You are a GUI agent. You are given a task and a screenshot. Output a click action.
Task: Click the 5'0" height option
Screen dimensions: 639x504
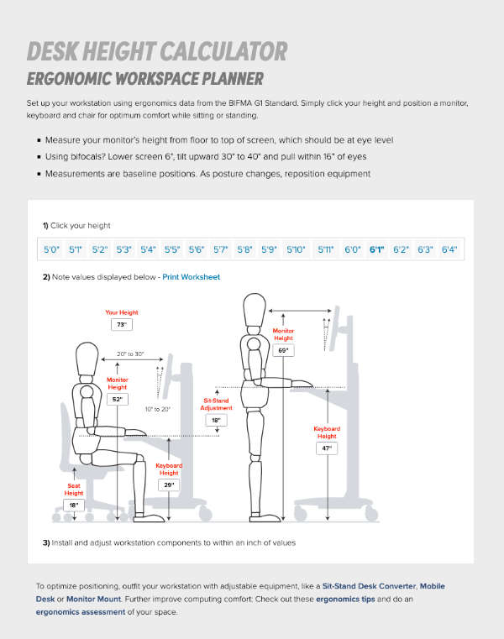52,249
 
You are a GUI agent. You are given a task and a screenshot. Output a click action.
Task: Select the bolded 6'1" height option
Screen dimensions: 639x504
376,249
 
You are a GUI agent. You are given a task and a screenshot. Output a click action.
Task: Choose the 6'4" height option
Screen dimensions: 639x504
449,249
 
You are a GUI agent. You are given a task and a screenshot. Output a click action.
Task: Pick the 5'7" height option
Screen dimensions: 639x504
221,249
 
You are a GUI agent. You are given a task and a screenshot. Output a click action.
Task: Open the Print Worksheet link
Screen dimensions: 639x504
192,276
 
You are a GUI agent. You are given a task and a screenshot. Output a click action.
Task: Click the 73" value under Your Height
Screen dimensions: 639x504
122,324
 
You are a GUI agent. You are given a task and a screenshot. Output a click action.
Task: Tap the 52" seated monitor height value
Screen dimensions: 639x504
118,400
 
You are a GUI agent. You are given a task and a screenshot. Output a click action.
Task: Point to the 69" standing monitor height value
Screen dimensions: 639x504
283,348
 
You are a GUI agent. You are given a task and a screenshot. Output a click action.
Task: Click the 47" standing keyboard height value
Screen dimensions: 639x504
327,448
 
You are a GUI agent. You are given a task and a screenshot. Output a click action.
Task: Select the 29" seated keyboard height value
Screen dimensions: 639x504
169,485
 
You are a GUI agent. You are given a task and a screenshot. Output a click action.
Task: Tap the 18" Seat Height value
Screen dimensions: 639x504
74,505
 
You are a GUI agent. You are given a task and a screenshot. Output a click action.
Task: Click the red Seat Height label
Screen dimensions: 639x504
74,490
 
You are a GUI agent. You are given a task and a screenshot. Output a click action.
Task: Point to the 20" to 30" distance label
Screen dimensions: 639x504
130,355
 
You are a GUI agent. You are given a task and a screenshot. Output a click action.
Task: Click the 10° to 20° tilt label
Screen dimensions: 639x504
157,409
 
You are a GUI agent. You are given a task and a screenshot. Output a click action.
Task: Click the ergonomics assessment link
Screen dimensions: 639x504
80,612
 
